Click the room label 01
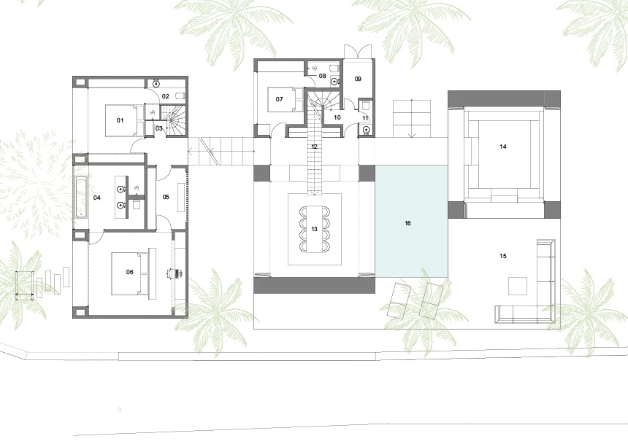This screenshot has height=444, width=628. pyautogui.click(x=120, y=120)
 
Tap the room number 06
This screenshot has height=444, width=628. pyautogui.click(x=130, y=272)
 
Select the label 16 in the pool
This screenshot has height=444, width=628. pyautogui.click(x=407, y=223)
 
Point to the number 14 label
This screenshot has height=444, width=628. pyautogui.click(x=503, y=147)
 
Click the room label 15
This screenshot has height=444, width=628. pyautogui.click(x=503, y=256)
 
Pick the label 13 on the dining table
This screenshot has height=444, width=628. pyautogui.click(x=314, y=229)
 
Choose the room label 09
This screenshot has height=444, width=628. pyautogui.click(x=358, y=79)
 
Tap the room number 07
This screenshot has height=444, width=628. pyautogui.click(x=279, y=99)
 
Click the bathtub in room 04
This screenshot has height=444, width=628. pyautogui.click(x=80, y=198)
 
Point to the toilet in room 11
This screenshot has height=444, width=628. pyautogui.click(x=364, y=105)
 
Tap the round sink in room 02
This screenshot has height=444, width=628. pyautogui.click(x=156, y=84)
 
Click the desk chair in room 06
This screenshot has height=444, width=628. pyautogui.click(x=175, y=273)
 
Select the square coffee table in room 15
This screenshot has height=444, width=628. pyautogui.click(x=518, y=286)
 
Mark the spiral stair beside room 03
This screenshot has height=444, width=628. pyautogui.click(x=177, y=120)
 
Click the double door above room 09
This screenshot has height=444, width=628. pyautogui.click(x=359, y=52)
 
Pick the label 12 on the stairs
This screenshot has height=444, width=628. pyautogui.click(x=314, y=147)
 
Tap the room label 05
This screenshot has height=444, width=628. pyautogui.click(x=166, y=197)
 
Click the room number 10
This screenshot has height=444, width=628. pyautogui.click(x=337, y=117)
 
